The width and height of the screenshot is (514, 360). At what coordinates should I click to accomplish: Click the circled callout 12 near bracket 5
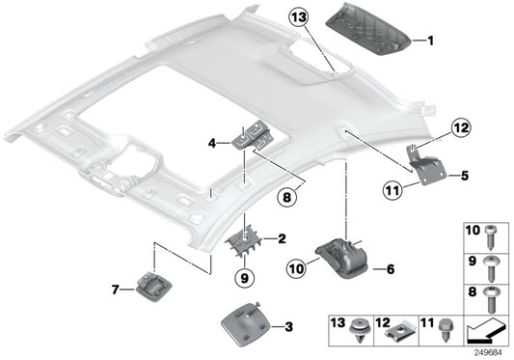[459, 127]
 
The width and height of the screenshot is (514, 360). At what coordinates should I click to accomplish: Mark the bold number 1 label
[431, 41]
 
